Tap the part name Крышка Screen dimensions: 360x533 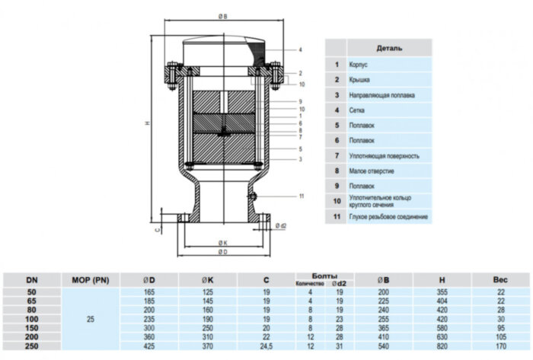pos(360,80)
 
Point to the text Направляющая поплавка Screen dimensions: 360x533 pos(382,95)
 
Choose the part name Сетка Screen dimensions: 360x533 pos(357,110)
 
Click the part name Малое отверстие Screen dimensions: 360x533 pos(372,171)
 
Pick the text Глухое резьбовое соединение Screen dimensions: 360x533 pos(388,217)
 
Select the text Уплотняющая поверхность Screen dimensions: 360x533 pos(384,156)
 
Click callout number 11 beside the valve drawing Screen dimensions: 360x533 pos(302,196)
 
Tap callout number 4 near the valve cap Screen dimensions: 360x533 pos(301,50)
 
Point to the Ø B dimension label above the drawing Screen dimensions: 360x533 pos(221,16)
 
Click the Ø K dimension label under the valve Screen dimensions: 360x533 pos(222,242)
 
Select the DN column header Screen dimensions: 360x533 pos(31,280)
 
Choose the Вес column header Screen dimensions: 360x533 pos(499,280)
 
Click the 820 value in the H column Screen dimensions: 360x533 pos(442,345)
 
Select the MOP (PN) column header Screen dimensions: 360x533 pos(91,280)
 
